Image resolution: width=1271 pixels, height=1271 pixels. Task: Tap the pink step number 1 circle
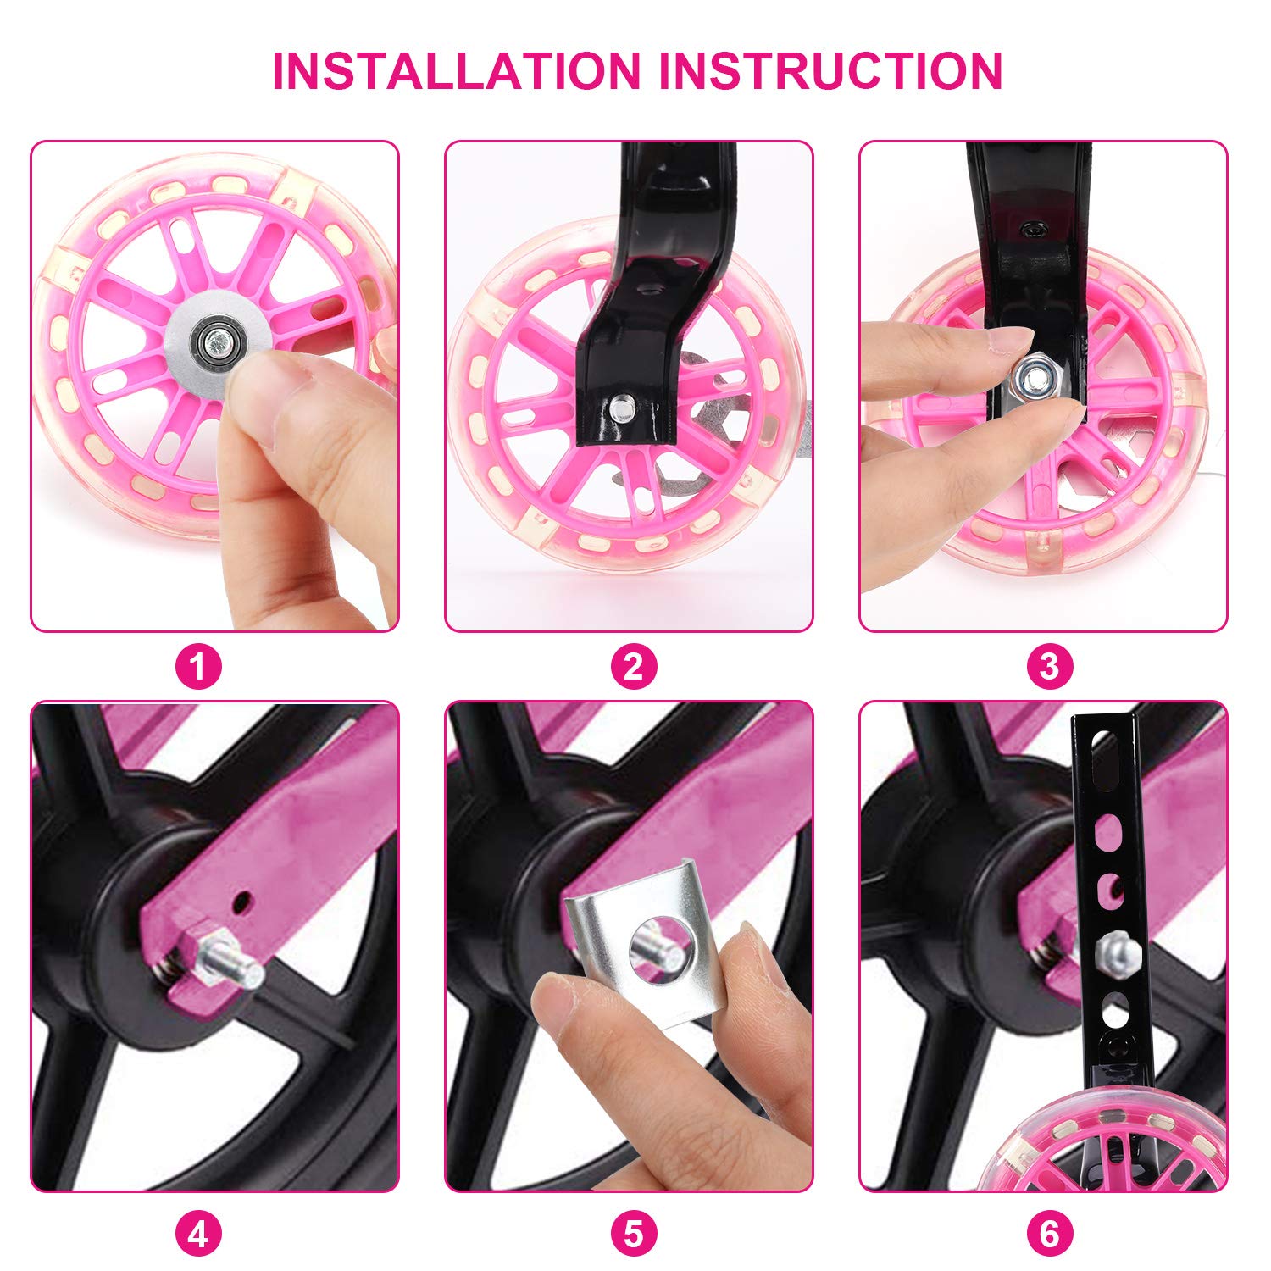[x=198, y=667]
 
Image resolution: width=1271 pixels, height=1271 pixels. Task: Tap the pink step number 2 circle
[x=634, y=667]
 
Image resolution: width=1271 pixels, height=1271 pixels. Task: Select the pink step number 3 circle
[x=1049, y=667]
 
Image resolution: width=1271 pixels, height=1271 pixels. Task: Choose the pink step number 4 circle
[x=198, y=1234]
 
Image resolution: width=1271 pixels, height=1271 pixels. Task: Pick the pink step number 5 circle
[x=634, y=1234]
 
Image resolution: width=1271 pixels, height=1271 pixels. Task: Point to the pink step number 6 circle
[x=1049, y=1234]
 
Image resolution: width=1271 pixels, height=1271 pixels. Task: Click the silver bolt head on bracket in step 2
[x=621, y=408]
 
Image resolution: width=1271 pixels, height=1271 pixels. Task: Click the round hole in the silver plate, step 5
[x=662, y=948]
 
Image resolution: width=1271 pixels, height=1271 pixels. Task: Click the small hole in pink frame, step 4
[x=244, y=902]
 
